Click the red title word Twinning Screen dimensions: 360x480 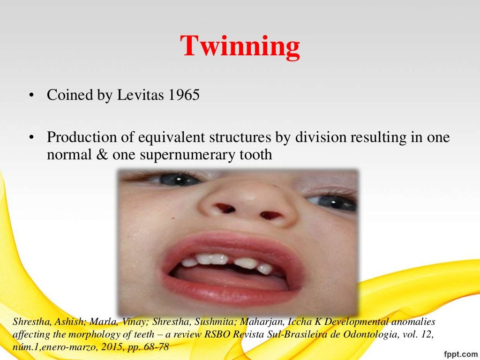coord(240,46)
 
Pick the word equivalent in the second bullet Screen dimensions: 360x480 coord(164,138)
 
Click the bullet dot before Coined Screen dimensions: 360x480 coord(31,96)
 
